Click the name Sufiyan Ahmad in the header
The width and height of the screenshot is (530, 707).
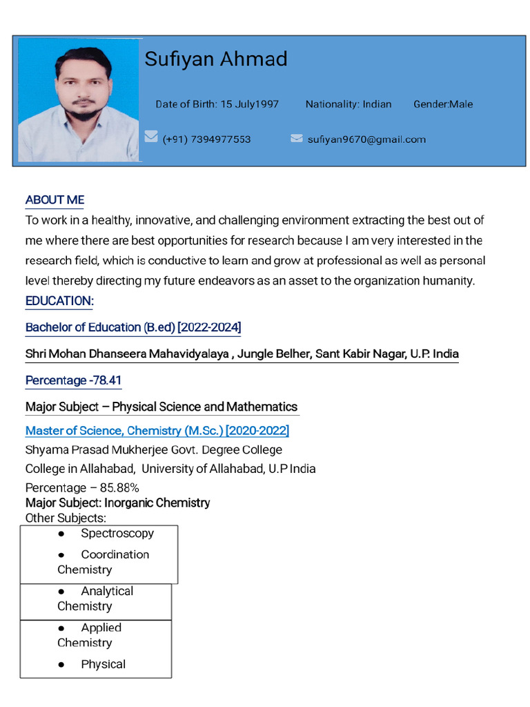click(215, 59)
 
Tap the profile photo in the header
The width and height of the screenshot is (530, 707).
click(79, 100)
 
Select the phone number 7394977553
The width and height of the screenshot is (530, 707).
click(206, 139)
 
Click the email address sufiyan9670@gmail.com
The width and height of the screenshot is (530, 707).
click(366, 139)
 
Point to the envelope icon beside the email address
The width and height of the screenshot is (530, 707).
click(297, 138)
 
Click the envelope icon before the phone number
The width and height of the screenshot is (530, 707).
click(151, 137)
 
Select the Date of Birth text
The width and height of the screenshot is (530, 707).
click(217, 104)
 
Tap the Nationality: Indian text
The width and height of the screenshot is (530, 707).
click(348, 104)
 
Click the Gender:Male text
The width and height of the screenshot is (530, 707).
click(443, 104)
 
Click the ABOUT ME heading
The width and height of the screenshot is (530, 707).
click(55, 200)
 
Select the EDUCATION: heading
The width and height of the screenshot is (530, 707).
click(59, 301)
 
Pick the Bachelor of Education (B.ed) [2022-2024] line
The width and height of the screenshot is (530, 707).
click(133, 327)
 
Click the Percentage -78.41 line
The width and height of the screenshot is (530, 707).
click(73, 380)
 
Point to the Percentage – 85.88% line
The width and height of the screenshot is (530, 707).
click(82, 487)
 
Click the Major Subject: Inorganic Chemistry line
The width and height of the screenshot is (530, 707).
click(117, 503)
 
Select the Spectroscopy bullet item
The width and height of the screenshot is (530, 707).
click(117, 533)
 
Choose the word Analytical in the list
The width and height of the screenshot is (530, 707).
click(107, 591)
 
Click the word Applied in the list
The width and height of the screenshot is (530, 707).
click(101, 628)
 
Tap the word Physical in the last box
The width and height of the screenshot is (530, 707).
click(103, 664)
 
